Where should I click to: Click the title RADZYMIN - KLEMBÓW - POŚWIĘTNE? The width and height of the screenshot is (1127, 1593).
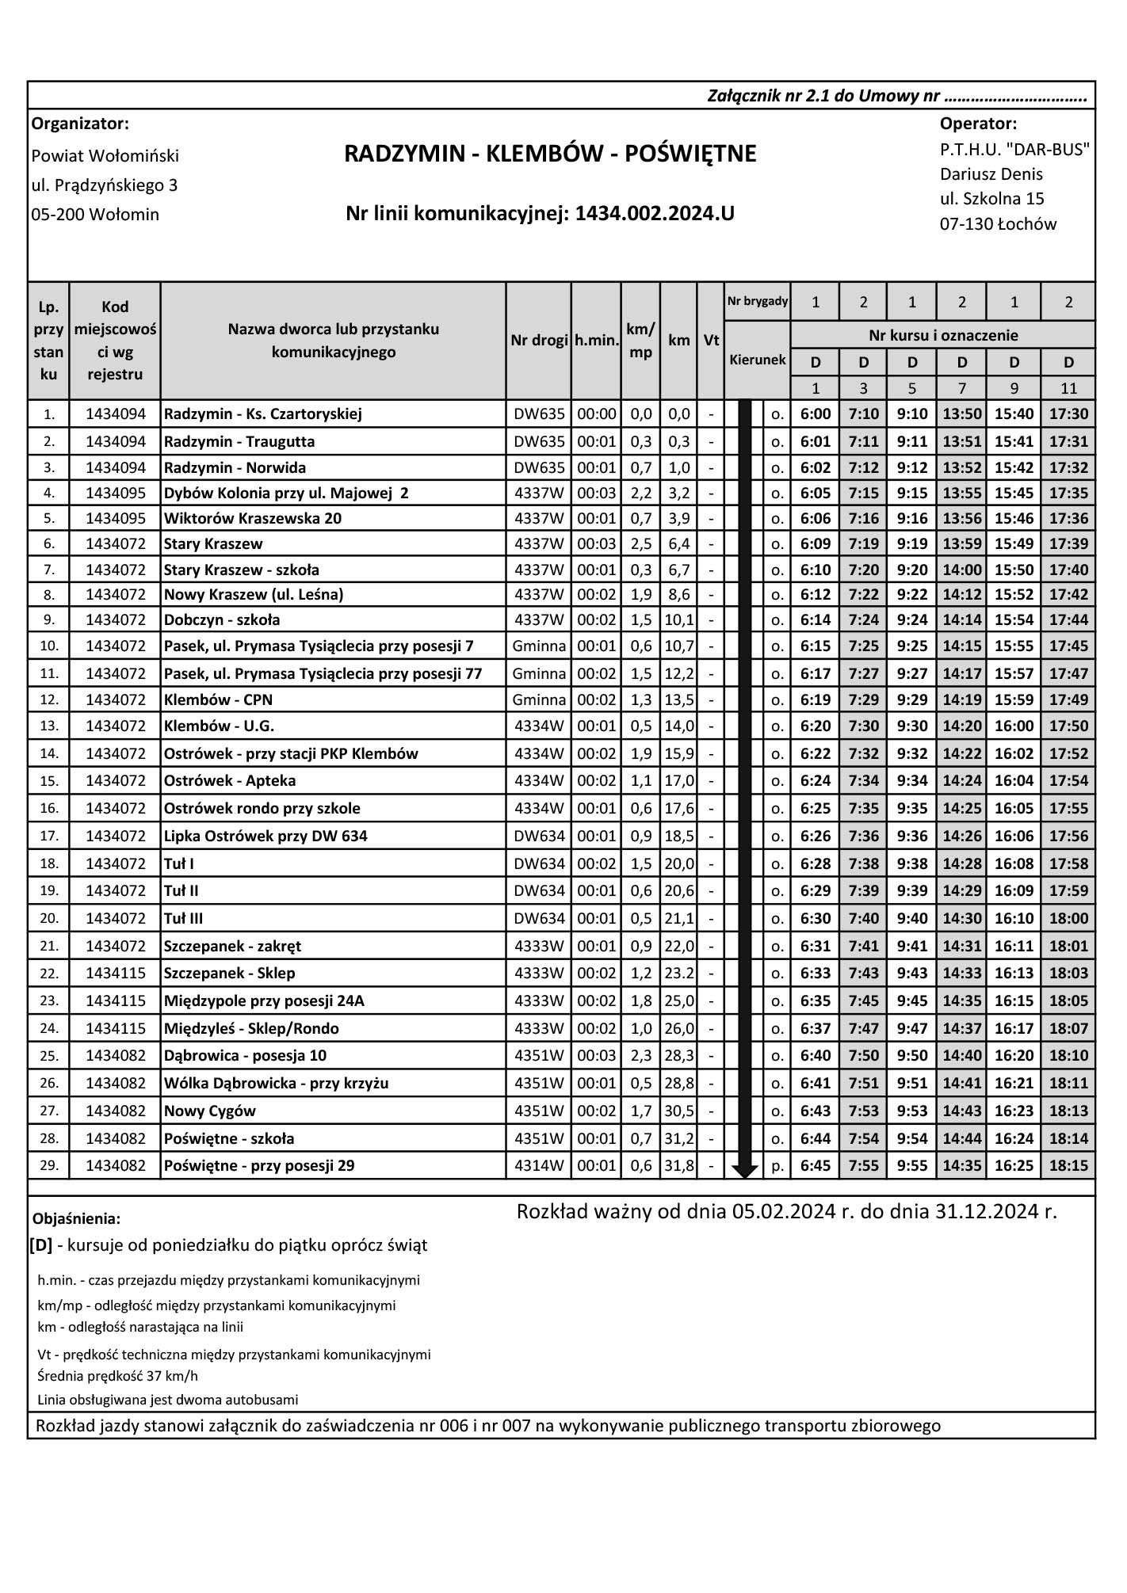tap(550, 154)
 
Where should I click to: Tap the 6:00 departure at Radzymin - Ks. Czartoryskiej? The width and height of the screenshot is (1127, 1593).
tap(816, 413)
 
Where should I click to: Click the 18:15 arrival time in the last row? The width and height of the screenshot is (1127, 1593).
tap(1068, 1165)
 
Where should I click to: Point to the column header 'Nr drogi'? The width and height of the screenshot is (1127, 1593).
tap(539, 341)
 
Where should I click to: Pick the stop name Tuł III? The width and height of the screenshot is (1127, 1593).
tap(184, 918)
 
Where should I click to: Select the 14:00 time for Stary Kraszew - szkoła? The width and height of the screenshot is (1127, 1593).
tap(961, 570)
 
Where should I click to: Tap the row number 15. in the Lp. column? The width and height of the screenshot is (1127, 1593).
tap(49, 781)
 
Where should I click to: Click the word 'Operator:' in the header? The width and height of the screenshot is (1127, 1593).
tap(978, 124)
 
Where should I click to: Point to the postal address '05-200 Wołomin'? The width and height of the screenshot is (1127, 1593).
tap(95, 215)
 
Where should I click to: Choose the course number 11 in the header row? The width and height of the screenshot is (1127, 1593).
tap(1068, 388)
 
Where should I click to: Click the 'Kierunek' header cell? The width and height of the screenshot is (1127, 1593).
tap(758, 360)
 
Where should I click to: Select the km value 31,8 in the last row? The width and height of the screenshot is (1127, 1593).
tap(679, 1165)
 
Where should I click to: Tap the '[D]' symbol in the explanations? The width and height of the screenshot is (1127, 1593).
tap(41, 1244)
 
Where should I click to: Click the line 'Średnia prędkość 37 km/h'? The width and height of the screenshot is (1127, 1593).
tap(117, 1376)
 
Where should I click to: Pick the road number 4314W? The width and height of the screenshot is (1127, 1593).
tap(539, 1165)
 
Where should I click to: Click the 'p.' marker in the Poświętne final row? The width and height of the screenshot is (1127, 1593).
tap(777, 1166)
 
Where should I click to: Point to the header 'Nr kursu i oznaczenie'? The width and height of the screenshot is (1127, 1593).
tap(942, 335)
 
